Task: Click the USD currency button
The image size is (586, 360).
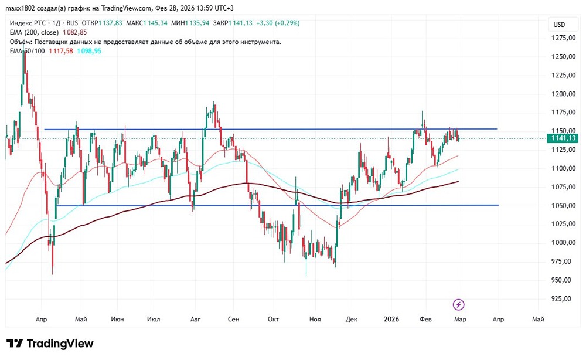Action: pyautogui.click(x=559, y=25)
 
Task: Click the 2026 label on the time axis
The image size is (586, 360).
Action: pyautogui.click(x=391, y=320)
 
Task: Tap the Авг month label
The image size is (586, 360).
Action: pyautogui.click(x=196, y=320)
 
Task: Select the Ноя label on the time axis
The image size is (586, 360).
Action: pyautogui.click(x=315, y=320)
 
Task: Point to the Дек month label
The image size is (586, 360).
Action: pyautogui.click(x=352, y=320)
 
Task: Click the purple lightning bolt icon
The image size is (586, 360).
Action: pyautogui.click(x=459, y=304)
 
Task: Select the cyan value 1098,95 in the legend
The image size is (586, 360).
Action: pyautogui.click(x=89, y=51)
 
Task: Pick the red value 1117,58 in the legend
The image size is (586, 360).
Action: pyautogui.click(x=61, y=51)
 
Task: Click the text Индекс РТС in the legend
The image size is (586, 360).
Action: pyautogui.click(x=28, y=23)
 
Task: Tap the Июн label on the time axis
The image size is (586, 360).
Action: pyautogui.click(x=117, y=320)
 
